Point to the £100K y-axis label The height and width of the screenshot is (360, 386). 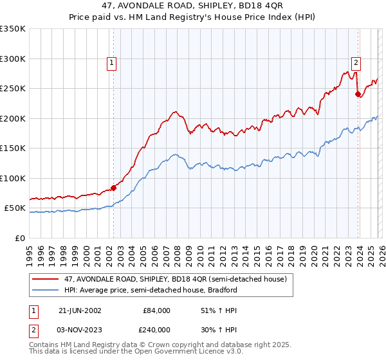(13, 178)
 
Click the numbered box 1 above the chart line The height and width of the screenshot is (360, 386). (112, 63)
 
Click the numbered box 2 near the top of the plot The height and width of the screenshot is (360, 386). (355, 63)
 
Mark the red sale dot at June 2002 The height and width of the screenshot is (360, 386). (114, 188)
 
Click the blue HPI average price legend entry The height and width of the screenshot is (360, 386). (151, 290)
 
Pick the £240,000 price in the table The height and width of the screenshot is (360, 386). (157, 329)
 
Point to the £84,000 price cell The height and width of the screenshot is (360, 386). (157, 310)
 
